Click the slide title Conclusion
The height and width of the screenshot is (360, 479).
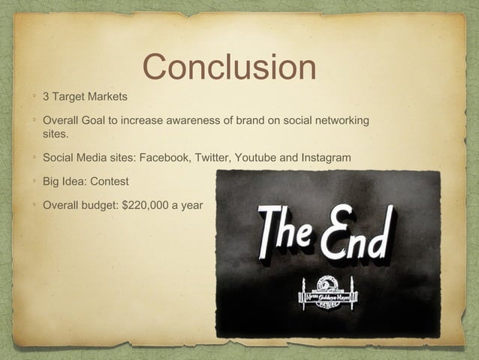point(229,67)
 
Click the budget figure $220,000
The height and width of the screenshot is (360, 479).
point(149,204)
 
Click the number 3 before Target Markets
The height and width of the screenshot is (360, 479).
point(47,97)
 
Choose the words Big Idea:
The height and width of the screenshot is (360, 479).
point(64,182)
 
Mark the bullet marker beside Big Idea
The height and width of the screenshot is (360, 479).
point(34,182)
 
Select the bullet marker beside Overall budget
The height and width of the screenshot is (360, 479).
point(34,204)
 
